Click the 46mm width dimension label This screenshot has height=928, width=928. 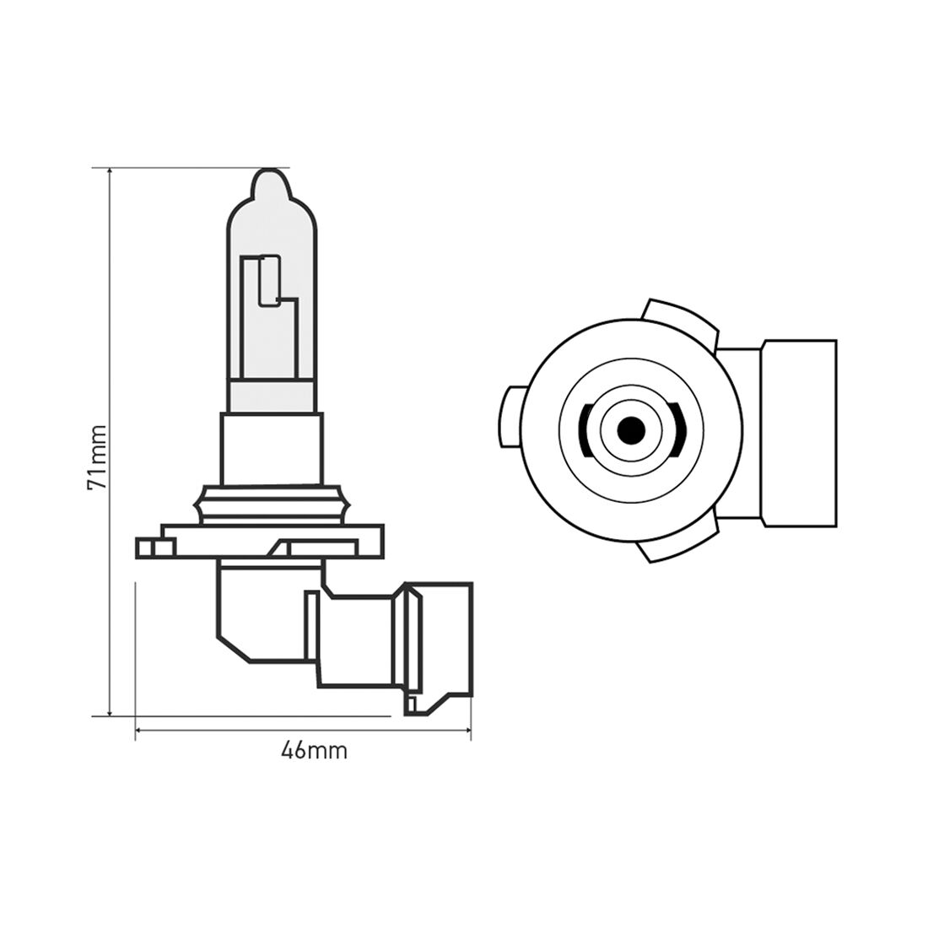(x=314, y=750)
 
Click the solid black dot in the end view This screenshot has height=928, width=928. (x=630, y=431)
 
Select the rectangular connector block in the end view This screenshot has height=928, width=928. (x=798, y=431)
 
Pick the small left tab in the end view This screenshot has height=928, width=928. (x=511, y=417)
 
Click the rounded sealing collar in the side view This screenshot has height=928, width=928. (x=272, y=504)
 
